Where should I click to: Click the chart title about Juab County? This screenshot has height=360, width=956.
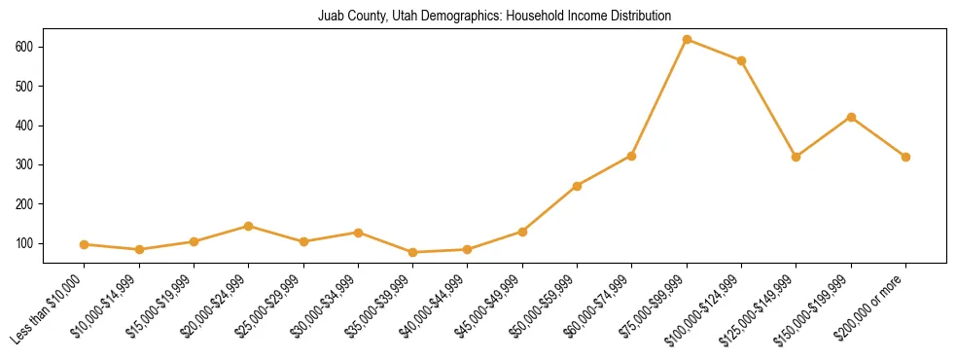(x=494, y=16)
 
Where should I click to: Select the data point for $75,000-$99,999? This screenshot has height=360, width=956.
(x=687, y=40)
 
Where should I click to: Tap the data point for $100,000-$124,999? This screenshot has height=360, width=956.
(x=741, y=60)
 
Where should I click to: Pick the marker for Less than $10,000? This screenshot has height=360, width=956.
(x=85, y=244)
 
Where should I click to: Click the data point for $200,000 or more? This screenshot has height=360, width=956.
(x=905, y=157)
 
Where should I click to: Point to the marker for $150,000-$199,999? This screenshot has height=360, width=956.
(x=851, y=117)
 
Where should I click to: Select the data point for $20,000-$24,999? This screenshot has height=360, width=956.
(x=249, y=226)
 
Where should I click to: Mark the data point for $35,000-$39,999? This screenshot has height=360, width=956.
(x=413, y=252)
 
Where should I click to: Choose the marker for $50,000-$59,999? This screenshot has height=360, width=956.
(x=577, y=186)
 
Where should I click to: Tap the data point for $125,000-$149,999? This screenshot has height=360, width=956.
(x=797, y=157)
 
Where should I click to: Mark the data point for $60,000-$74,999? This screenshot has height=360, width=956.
(x=632, y=156)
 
